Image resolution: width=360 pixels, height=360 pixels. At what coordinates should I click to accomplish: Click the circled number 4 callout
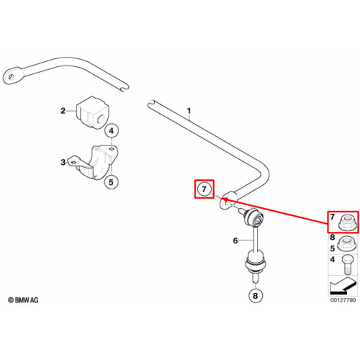(x=111, y=131)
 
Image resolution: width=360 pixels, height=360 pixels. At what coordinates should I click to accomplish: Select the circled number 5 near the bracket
(x=111, y=182)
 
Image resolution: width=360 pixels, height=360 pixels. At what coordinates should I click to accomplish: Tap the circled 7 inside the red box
(x=204, y=189)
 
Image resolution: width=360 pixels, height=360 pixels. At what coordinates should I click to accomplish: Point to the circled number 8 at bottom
(x=255, y=296)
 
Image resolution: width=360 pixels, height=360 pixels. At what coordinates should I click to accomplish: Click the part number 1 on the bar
(x=189, y=111)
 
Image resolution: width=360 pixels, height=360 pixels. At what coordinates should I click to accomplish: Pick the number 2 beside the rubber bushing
(x=63, y=111)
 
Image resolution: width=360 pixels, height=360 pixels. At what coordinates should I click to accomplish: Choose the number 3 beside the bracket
(x=63, y=162)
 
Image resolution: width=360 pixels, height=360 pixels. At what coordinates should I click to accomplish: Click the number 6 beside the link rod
(x=235, y=240)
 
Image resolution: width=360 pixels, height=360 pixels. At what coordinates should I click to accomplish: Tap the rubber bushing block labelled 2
(x=92, y=112)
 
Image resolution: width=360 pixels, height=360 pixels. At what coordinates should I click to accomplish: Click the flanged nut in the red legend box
(x=347, y=222)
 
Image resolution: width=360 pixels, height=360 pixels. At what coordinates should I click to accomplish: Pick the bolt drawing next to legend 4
(x=346, y=265)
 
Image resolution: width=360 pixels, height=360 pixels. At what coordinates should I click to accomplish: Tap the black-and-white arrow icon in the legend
(x=343, y=286)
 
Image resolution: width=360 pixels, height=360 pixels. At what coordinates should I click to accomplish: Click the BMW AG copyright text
(x=23, y=300)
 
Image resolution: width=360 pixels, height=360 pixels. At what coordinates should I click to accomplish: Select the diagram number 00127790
(x=343, y=300)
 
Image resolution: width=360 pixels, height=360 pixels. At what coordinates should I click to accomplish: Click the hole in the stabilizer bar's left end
(x=11, y=77)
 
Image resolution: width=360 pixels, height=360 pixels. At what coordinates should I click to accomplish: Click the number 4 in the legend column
(x=333, y=259)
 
